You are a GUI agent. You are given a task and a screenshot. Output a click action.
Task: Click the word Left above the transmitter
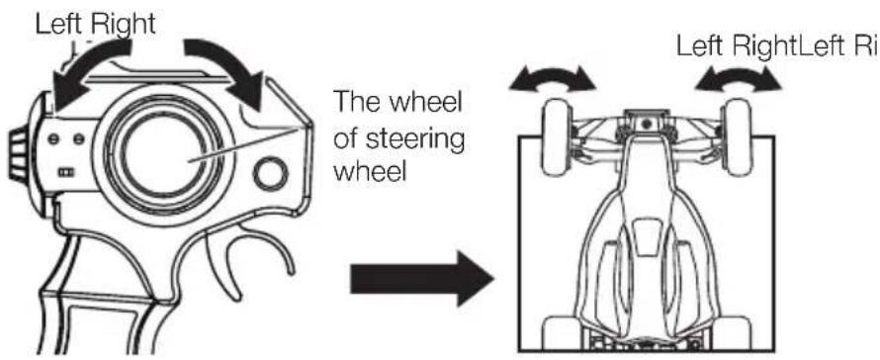[55, 25]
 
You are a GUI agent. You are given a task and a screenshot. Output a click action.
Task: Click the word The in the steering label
[357, 104]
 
